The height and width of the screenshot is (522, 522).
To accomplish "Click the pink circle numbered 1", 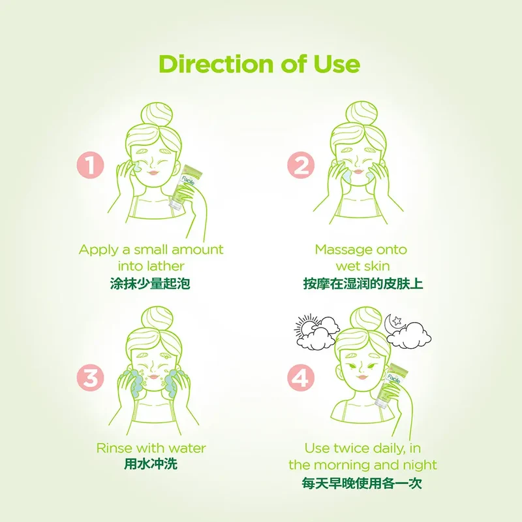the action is [x=90, y=165].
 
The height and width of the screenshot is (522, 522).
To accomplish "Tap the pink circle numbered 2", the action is [x=301, y=165].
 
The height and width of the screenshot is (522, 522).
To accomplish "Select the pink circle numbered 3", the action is [x=90, y=378].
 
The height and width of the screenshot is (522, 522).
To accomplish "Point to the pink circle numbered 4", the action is [x=301, y=378].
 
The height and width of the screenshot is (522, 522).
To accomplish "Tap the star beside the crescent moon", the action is [x=397, y=321].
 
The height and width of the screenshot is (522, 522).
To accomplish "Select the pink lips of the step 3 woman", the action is [x=153, y=377].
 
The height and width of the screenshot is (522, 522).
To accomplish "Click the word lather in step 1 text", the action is [x=166, y=266].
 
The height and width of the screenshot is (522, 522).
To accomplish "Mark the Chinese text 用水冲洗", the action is [x=151, y=464].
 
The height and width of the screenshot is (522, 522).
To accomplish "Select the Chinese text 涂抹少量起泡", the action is [x=150, y=284].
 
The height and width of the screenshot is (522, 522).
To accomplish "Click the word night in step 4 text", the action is [x=420, y=465].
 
